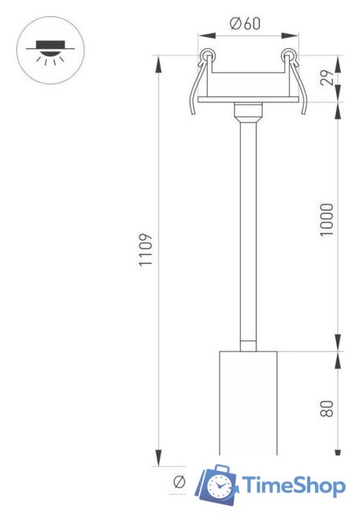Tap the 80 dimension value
(326, 408)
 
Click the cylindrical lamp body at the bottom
(246, 402)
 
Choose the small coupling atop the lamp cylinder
(246, 345)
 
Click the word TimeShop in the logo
(295, 485)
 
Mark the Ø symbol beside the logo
(179, 482)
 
